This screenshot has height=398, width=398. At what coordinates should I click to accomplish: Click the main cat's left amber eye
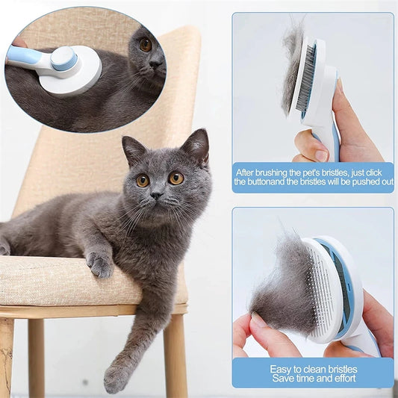pos(142,180)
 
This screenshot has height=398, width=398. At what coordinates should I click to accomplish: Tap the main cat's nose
pos(156,196)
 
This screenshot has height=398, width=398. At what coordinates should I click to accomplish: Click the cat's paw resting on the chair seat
pos(99,263)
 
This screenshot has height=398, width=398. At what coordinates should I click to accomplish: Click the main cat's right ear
pos(196,146)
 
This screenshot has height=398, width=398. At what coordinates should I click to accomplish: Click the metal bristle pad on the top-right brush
pos(306,78)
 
